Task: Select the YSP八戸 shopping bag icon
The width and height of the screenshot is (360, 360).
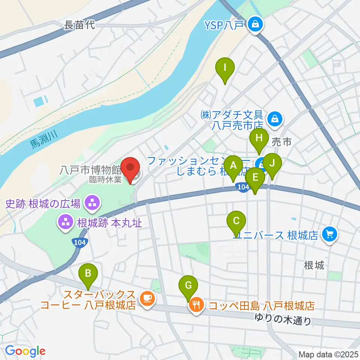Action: click(x=256, y=25)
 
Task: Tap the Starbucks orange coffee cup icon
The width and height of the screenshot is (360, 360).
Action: click(x=146, y=298)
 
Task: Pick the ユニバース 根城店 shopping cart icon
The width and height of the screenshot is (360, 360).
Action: click(x=330, y=235)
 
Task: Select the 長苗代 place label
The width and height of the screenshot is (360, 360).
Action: click(x=80, y=25)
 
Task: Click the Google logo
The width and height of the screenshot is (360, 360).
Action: click(x=25, y=351)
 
